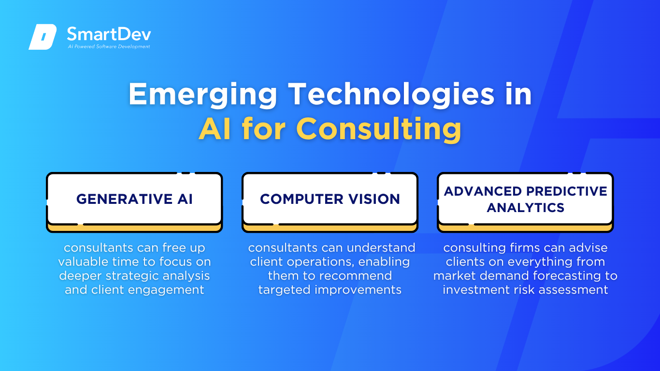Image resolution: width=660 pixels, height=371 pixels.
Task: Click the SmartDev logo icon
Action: (43, 37)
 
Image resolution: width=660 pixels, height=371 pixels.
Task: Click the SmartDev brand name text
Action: (109, 34)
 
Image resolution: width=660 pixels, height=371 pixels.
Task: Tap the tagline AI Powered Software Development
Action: (109, 46)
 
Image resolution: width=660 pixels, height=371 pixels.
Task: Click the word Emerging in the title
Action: (202, 95)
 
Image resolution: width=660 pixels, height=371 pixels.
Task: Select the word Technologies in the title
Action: (391, 94)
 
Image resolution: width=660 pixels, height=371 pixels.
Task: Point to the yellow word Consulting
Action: (379, 129)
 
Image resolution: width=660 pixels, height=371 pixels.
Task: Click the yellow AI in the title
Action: (215, 129)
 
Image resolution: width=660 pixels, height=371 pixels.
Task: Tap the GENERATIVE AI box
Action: (134, 202)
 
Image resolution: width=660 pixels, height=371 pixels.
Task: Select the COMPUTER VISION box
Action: (330, 202)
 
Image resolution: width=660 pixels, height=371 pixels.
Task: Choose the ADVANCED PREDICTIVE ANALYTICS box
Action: (525, 202)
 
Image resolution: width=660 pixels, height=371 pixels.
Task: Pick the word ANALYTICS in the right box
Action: (526, 207)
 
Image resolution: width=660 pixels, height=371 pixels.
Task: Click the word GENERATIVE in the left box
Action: (124, 199)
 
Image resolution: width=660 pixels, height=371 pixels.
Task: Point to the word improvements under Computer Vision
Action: (358, 290)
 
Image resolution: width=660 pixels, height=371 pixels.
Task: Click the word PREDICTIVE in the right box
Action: (567, 191)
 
